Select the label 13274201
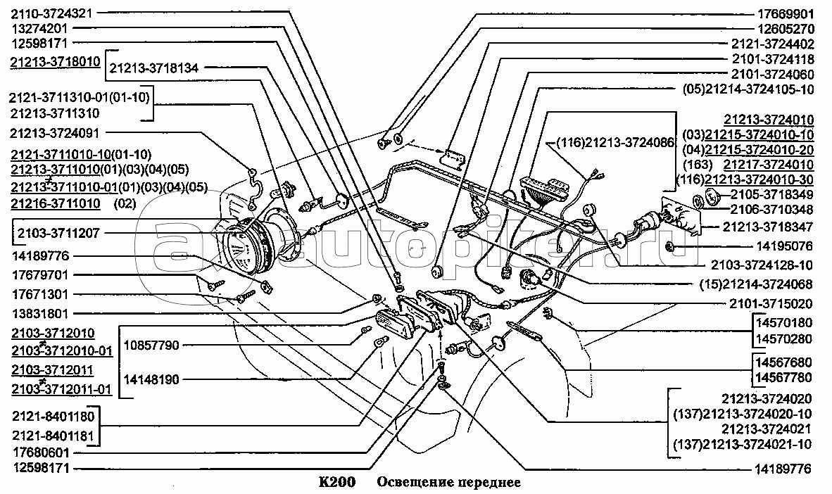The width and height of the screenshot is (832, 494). coord(39,29)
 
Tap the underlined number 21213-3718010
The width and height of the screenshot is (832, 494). coord(55,61)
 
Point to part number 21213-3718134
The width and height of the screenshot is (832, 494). coord(154,68)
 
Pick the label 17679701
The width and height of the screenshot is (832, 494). coord(39,275)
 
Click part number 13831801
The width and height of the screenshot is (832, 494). coord(39,312)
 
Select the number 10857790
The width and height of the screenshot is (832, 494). coord(151,345)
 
